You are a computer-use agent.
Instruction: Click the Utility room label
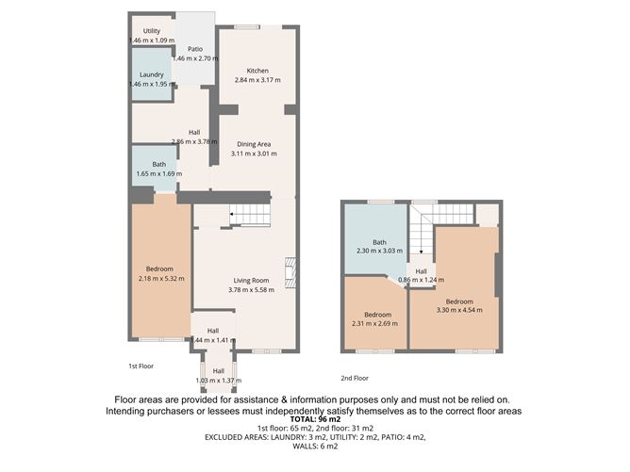139,31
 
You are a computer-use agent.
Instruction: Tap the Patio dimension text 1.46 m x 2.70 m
195,58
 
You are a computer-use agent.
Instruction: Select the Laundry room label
152,74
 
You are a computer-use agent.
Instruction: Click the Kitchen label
257,71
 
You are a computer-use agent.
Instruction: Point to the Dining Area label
254,143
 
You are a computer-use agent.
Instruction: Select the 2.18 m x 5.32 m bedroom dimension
160,278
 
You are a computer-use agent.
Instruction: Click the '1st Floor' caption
141,365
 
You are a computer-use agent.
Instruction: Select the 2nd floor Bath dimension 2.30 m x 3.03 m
378,252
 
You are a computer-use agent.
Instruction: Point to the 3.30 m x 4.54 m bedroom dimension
459,310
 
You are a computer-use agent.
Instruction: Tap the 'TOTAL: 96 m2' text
316,420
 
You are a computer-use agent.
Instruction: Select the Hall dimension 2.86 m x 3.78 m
194,142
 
